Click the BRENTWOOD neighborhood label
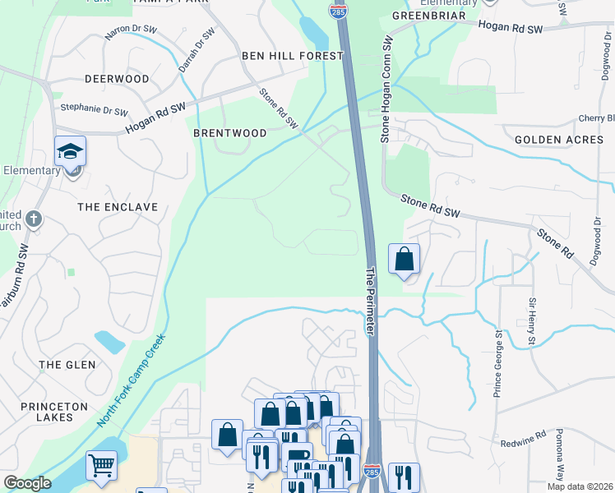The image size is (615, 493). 230,133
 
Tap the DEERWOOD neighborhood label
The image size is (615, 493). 117,80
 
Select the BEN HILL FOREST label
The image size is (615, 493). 292,56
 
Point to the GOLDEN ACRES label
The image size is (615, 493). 559,140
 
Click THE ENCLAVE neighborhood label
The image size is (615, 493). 118,207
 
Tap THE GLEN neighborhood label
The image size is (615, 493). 67,364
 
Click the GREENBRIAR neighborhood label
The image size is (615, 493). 423,16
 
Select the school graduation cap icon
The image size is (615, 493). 71,152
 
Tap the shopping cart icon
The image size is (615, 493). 101,466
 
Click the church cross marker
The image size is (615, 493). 33,219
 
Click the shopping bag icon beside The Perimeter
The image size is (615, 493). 404,260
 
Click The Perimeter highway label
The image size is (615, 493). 371,299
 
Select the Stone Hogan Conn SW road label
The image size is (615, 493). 384,90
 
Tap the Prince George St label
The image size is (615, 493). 497,362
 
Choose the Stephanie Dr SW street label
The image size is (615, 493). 95,109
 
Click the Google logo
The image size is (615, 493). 27,483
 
